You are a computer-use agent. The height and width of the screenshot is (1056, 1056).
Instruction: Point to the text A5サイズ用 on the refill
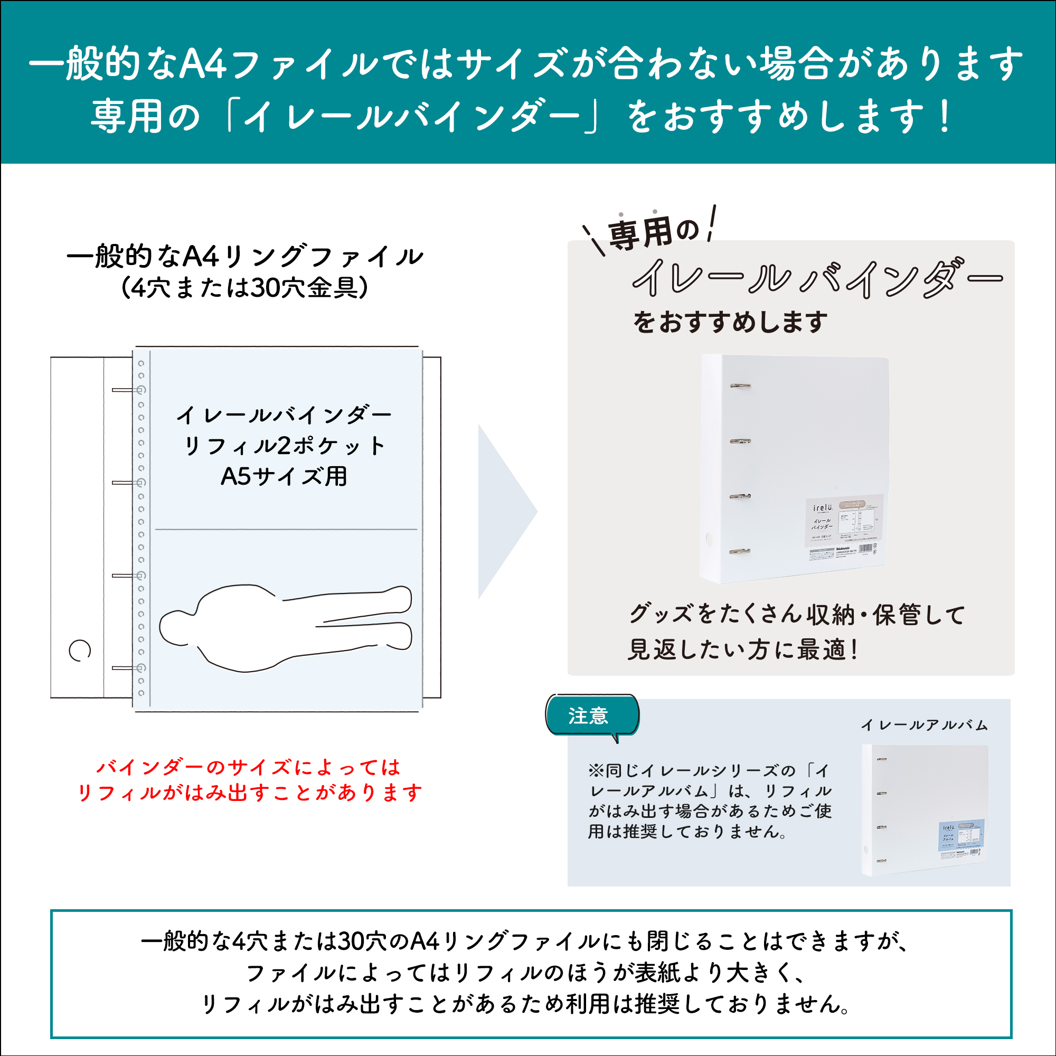(x=284, y=477)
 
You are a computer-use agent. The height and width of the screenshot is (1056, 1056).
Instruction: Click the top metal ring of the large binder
(x=740, y=386)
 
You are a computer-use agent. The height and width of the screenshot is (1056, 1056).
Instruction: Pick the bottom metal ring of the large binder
(x=740, y=552)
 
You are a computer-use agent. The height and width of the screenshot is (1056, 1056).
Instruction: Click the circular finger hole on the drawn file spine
(x=80, y=650)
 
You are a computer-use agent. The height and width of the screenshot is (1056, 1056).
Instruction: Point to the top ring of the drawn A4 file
(x=128, y=390)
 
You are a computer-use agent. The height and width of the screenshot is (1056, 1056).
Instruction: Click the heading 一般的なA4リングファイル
(x=244, y=257)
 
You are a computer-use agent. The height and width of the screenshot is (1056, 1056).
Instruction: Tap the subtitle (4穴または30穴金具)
(x=244, y=288)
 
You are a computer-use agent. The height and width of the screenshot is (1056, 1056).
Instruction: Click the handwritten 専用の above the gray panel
(x=653, y=232)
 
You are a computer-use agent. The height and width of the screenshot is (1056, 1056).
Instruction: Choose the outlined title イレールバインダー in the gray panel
(x=817, y=279)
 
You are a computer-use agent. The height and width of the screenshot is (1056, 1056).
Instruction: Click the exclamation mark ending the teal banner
(x=944, y=116)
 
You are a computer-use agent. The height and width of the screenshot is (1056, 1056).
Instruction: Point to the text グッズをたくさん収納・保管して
(x=797, y=615)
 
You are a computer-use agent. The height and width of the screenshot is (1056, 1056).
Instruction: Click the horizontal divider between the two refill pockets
(x=286, y=529)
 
